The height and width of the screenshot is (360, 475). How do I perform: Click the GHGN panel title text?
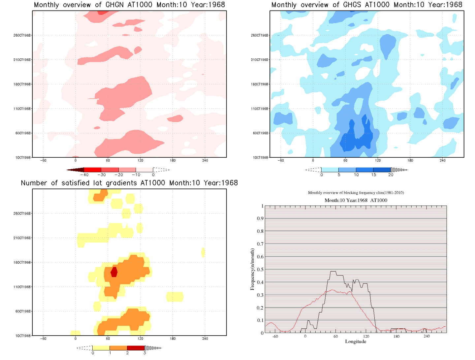pyautogui.click(x=129, y=5)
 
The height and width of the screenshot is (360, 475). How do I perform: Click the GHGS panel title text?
pyautogui.click(x=366, y=5)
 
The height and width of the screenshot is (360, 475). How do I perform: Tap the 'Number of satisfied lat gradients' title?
pyautogui.click(x=129, y=183)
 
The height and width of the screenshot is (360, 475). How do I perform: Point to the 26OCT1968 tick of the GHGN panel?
pyautogui.click(x=22, y=35)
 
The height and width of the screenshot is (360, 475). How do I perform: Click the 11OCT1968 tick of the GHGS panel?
pyautogui.click(x=260, y=109)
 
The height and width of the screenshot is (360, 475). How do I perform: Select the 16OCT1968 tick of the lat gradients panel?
pyautogui.click(x=22, y=262)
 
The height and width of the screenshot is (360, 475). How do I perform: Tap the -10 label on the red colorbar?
pyautogui.click(x=136, y=175)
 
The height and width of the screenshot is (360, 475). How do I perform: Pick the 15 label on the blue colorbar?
pyautogui.click(x=373, y=175)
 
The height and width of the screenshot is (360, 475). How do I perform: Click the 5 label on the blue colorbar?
pyautogui.click(x=339, y=175)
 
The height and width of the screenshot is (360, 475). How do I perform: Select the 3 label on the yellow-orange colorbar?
pyautogui.click(x=144, y=353)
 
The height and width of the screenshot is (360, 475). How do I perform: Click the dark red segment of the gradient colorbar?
pyautogui.click(x=136, y=348)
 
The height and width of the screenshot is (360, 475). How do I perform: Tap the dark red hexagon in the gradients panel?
pyautogui.click(x=114, y=272)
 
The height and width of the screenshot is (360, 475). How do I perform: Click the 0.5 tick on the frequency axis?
pyautogui.click(x=261, y=270)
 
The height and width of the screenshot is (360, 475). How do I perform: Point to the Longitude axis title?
pyautogui.click(x=355, y=342)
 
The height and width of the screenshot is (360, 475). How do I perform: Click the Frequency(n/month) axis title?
pyautogui.click(x=252, y=269)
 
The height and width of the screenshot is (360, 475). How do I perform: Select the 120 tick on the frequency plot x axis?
pyautogui.click(x=366, y=336)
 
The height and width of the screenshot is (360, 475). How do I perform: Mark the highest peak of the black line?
pyautogui.click(x=333, y=272)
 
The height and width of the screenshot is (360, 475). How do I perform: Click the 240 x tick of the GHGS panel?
pyautogui.click(x=442, y=160)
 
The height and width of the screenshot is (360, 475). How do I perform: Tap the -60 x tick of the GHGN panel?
pyautogui.click(x=43, y=160)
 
